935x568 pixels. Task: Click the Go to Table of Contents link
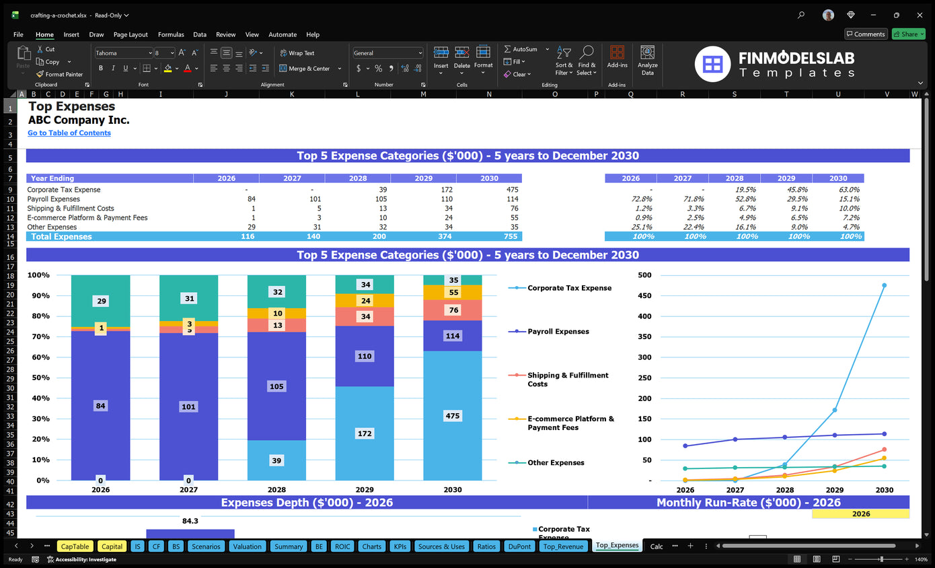(69, 133)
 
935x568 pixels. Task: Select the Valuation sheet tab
(247, 546)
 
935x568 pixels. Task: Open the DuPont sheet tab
(519, 546)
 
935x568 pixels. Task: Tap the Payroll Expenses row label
(54, 199)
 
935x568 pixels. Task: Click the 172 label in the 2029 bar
(365, 433)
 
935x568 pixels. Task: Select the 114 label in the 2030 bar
(453, 336)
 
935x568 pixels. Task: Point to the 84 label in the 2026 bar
(101, 406)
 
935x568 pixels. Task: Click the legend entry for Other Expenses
(556, 463)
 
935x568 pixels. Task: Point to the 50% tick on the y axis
(38, 378)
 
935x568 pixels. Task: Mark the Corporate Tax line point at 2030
(884, 285)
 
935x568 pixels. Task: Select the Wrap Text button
(297, 53)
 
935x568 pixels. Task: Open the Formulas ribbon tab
(171, 34)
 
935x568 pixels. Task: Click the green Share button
(908, 34)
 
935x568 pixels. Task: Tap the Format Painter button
(60, 75)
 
